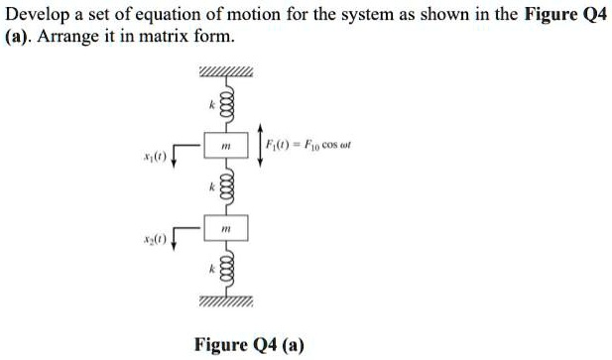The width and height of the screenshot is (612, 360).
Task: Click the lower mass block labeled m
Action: tap(227, 229)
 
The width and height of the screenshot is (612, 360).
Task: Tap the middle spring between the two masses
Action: tap(227, 186)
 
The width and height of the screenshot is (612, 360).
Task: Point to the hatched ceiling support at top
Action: tap(227, 71)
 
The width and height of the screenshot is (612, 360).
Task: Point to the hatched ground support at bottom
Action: tap(227, 300)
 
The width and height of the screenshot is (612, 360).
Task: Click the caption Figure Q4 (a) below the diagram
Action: tap(249, 344)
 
